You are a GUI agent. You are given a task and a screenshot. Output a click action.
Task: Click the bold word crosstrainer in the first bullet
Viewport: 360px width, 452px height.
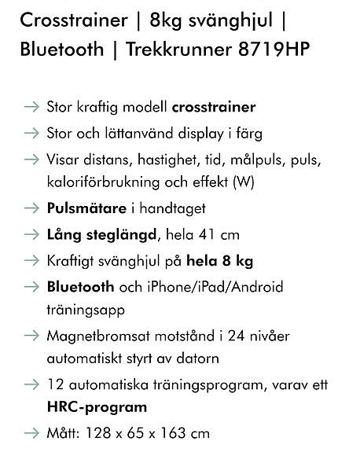pos(214,106)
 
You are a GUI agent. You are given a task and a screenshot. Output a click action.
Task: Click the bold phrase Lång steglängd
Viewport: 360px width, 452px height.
pos(102,233)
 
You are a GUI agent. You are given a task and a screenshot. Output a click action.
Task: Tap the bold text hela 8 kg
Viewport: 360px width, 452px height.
pos(226,259)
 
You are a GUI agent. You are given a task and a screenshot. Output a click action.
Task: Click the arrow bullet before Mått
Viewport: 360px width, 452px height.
pos(31,433)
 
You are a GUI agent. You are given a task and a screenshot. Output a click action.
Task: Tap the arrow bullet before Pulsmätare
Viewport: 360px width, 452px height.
pos(31,208)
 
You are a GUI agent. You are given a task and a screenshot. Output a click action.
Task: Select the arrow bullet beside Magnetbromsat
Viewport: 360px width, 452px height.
pos(31,336)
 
